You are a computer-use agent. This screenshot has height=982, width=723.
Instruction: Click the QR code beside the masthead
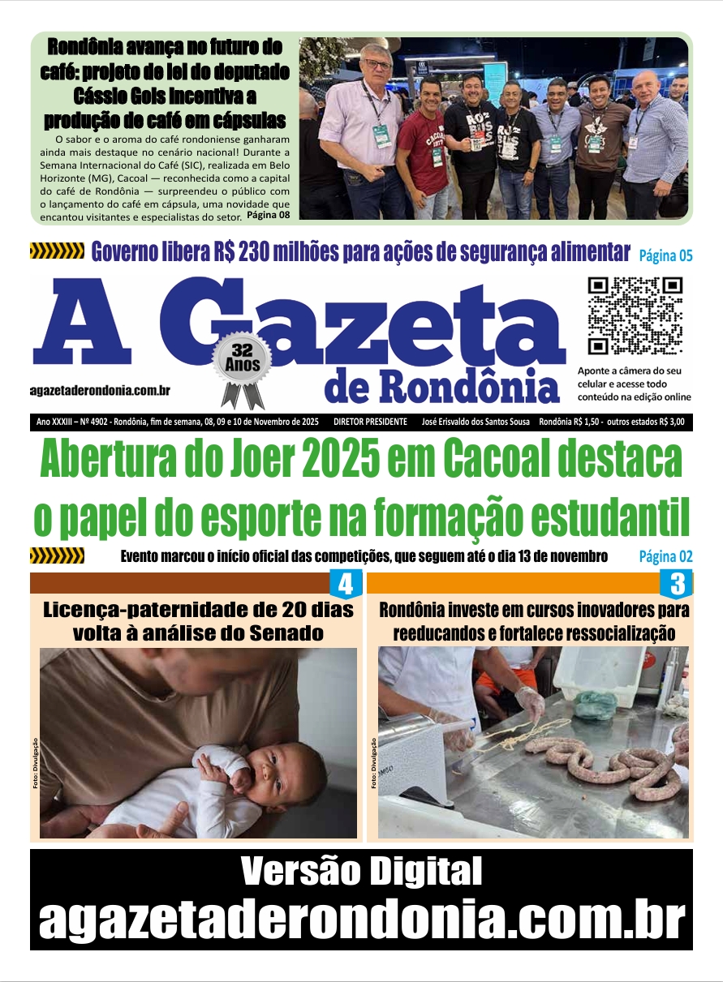pos(635,316)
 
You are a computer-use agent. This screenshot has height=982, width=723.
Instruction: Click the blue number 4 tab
pos(345,584)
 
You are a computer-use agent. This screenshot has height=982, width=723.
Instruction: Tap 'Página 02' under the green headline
pos(665,556)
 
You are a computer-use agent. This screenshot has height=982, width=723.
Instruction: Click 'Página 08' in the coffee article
pos(268,215)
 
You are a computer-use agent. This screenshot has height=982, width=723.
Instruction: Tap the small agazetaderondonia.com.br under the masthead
pos(100,391)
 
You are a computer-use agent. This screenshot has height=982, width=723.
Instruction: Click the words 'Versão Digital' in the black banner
pos(361,873)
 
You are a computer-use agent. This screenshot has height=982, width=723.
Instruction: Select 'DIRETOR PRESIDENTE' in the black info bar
pos(370,422)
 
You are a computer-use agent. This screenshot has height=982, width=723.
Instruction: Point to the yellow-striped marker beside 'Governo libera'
pos(57,252)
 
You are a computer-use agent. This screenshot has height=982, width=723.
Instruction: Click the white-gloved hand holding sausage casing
pos(529,702)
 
